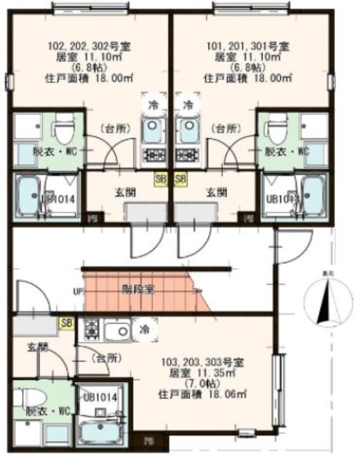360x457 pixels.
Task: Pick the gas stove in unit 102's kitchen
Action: coord(153,155)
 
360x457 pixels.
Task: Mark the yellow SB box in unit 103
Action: coord(66,324)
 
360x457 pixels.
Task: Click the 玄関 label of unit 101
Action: coord(217,191)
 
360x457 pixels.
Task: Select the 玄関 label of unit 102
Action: coord(126,191)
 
